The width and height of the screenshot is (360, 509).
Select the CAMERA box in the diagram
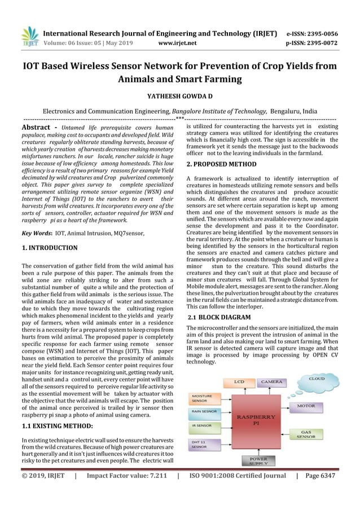pyautogui.click(x=273, y=382)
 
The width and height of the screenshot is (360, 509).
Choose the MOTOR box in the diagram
pyautogui.click(x=306, y=405)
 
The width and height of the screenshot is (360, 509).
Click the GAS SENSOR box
pyautogui.click(x=306, y=433)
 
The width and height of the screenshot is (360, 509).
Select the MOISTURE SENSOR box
pyautogui.click(x=204, y=399)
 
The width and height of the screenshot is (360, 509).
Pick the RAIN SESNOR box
pyautogui.click(x=204, y=413)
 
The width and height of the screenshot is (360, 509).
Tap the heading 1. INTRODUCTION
pyautogui.click(x=49, y=248)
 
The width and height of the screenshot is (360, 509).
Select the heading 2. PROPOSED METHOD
pyautogui.click(x=221, y=164)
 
